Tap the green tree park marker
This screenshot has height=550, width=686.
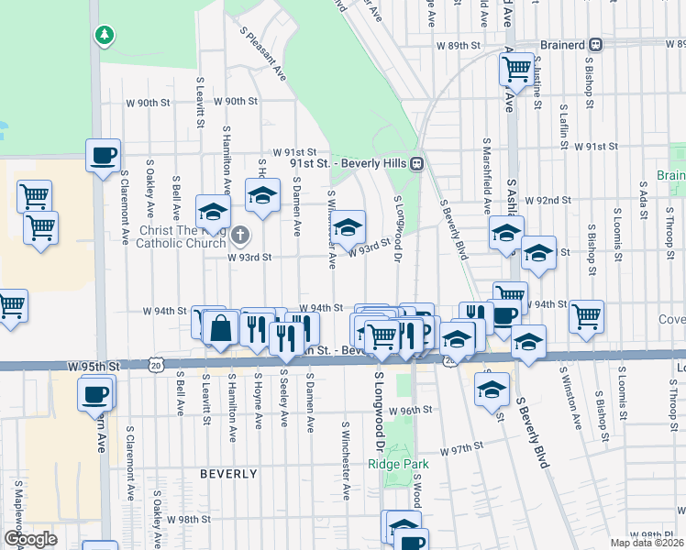[x=105, y=35]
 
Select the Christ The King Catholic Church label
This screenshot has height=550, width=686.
[x=180, y=236]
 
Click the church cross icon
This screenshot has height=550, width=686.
[x=240, y=236]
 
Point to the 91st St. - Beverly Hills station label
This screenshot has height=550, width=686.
[x=349, y=163]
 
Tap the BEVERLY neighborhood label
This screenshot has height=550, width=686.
[x=228, y=474]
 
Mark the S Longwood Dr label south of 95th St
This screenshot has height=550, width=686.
[x=378, y=412]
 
